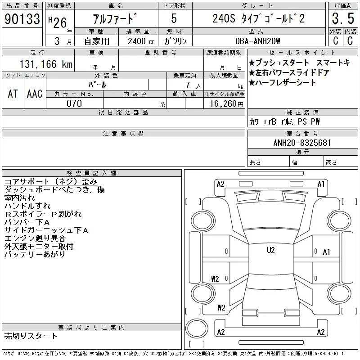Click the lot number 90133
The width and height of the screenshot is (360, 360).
[22, 18]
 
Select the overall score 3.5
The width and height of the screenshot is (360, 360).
[343, 18]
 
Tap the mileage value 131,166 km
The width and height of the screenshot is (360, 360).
[46, 64]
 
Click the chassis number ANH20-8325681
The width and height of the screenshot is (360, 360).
[302, 143]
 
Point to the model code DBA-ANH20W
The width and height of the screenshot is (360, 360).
[257, 41]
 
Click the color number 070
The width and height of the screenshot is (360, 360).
[74, 103]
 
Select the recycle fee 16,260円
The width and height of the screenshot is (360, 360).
[226, 104]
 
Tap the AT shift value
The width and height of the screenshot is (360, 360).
[13, 94]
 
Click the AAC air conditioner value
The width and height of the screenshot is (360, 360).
[35, 94]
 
